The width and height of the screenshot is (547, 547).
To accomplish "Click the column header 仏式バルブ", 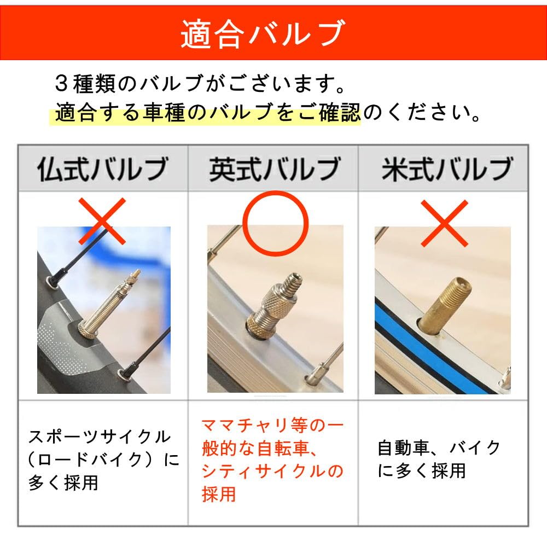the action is (x=103, y=168).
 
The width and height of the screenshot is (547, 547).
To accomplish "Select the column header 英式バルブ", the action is (x=275, y=168).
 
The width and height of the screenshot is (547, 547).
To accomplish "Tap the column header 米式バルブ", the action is (x=447, y=168).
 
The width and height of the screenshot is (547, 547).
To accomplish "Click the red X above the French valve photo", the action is (x=102, y=221).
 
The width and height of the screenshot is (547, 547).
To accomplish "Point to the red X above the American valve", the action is (x=444, y=223).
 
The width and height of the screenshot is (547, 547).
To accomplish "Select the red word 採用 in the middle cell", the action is (x=219, y=494).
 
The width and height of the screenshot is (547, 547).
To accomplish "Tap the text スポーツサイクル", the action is (x=100, y=437).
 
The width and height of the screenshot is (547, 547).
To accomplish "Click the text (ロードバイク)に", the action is (x=103, y=460).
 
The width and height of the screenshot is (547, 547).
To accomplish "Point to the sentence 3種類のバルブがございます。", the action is (x=200, y=84).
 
